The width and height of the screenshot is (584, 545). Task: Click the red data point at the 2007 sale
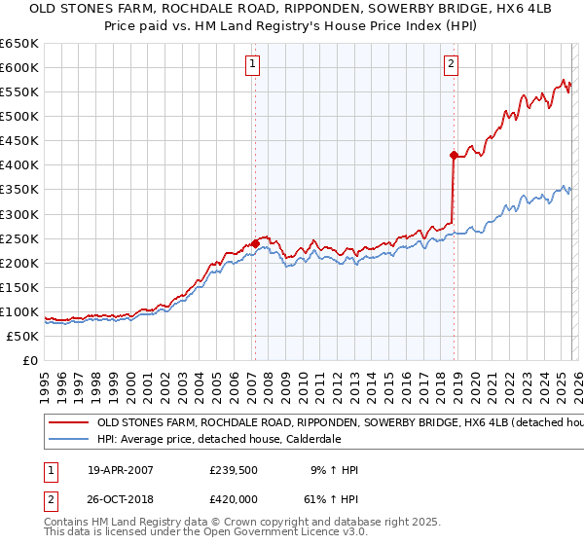(255, 243)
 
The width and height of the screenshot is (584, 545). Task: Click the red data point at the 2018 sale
(454, 155)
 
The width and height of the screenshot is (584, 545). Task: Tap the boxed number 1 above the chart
(252, 65)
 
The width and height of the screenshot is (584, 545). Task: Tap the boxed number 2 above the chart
(452, 65)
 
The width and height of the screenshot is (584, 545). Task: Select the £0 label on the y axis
(29, 361)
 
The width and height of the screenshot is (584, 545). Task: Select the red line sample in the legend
(69, 424)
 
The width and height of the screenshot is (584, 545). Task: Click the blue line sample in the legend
(69, 440)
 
